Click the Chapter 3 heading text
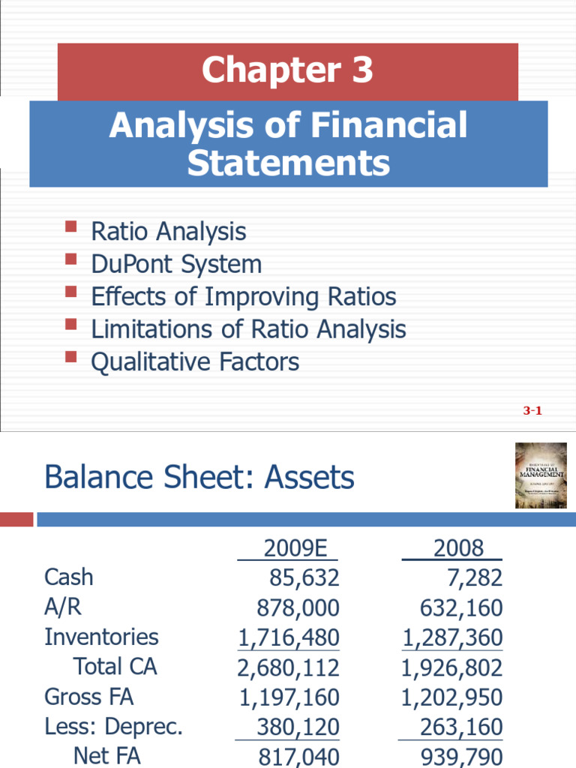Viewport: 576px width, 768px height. pos(287,70)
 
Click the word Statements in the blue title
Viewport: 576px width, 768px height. pos(289,163)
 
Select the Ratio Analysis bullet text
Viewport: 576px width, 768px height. pos(168,231)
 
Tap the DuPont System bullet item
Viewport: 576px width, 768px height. pos(176,264)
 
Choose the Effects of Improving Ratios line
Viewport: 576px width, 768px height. pos(243,296)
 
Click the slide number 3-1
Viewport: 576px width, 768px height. pos(532,410)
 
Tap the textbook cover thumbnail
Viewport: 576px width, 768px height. pos(541,475)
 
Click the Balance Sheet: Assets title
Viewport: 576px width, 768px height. pos(199,477)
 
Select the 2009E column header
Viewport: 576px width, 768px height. pos(296,548)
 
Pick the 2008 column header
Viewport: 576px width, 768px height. pos(458,548)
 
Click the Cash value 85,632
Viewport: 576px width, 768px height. pos(304,577)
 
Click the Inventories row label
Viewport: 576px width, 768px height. pos(101,637)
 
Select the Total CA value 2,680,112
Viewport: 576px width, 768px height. pos(289,667)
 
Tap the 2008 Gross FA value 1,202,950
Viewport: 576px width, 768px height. pos(451,697)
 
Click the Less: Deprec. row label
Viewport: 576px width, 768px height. pos(113,727)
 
